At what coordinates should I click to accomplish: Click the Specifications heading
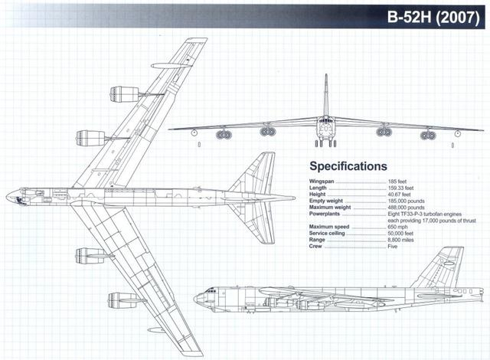(348, 166)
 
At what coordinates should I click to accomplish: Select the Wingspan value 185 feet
(399, 179)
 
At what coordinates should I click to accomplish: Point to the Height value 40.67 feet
(400, 193)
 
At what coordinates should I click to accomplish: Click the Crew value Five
(394, 247)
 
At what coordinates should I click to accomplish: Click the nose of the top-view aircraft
(8, 197)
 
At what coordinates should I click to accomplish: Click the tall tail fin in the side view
(448, 264)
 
